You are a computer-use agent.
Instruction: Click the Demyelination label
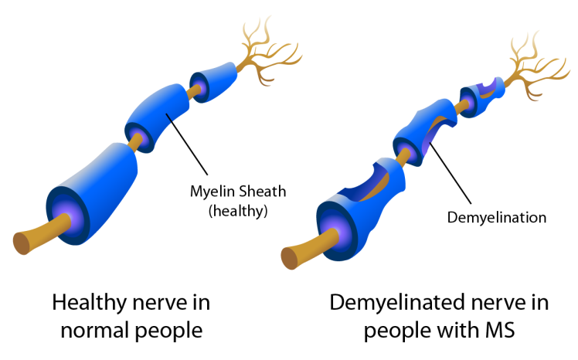pyautogui.click(x=497, y=217)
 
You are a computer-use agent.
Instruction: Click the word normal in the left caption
pyautogui.click(x=90, y=331)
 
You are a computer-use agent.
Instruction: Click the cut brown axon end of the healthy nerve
pyautogui.click(x=23, y=241)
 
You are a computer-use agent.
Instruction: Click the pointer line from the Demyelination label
pyautogui.click(x=456, y=177)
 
